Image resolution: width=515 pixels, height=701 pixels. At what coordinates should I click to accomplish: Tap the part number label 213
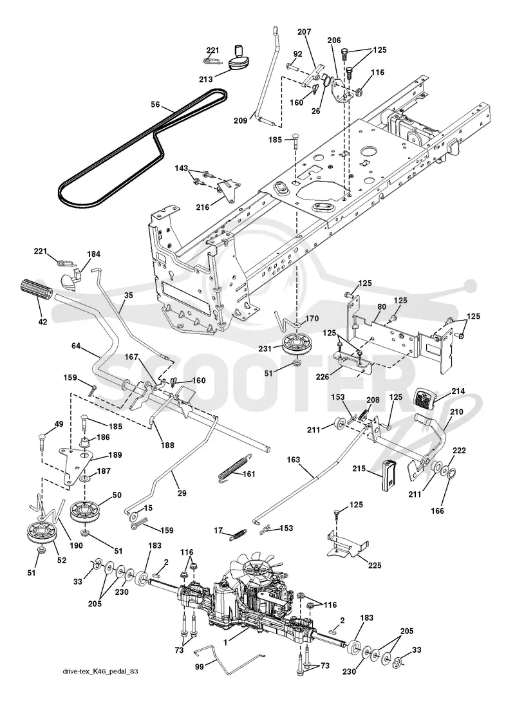click(x=206, y=80)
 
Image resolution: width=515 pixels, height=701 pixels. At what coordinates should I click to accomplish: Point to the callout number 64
click(x=76, y=346)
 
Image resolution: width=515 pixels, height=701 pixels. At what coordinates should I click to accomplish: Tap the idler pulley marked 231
click(x=297, y=344)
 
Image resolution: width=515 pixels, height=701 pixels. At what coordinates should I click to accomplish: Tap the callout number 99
click(x=200, y=667)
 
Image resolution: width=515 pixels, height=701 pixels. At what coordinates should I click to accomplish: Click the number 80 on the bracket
click(x=381, y=306)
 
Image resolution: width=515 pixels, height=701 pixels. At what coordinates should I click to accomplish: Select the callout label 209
click(x=241, y=120)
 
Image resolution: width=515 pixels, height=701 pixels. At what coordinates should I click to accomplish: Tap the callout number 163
click(x=294, y=460)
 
